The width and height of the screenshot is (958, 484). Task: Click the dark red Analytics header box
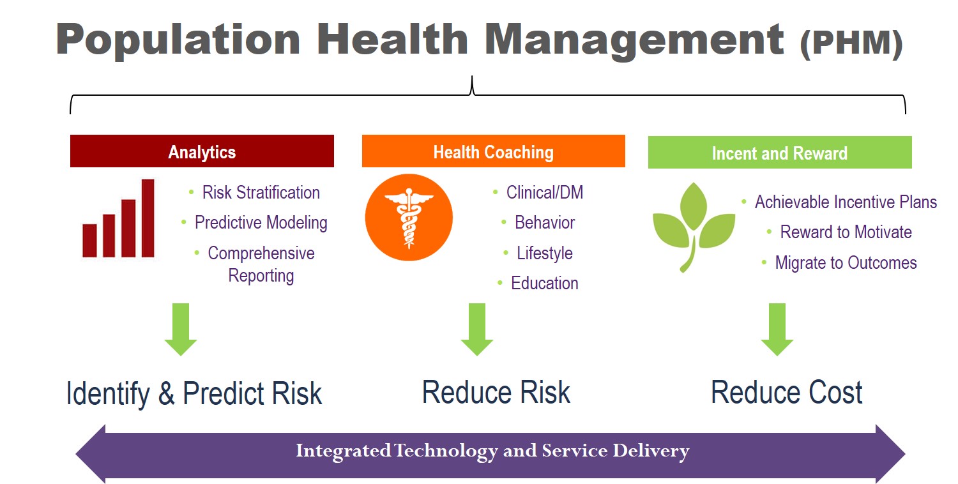point(202,151)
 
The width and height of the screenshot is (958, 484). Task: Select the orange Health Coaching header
point(494,151)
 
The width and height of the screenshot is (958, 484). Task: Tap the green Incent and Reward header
point(780,152)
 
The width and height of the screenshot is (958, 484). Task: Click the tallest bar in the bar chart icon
point(148,218)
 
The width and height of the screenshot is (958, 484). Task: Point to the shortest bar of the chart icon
point(89,240)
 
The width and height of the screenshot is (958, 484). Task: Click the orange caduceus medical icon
point(409,217)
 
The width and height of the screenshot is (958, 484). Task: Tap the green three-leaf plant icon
point(693,227)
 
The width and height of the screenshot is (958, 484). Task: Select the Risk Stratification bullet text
point(261,192)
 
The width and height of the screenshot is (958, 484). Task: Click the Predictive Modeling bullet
point(261,223)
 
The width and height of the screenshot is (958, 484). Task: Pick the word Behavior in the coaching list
point(544,222)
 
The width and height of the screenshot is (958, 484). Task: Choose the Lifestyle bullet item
point(544,253)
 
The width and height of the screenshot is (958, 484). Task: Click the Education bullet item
point(544,283)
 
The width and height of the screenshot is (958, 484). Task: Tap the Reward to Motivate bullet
point(846,232)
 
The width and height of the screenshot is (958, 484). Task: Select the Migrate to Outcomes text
point(846,262)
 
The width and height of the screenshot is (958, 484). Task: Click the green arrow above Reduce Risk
point(477,329)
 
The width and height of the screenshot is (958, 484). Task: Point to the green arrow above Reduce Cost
point(777,329)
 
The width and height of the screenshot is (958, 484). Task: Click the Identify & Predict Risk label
point(194,393)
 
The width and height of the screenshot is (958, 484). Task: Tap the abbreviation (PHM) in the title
point(851,43)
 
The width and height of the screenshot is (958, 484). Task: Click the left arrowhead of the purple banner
point(91,454)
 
